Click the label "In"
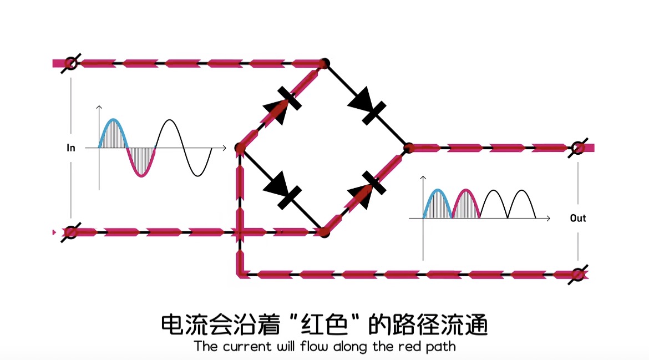71,148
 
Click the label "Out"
578,218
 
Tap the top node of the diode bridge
325,63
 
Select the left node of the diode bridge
240,148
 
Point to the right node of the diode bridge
408,148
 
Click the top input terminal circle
70,63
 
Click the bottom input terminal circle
70,232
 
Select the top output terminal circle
578,148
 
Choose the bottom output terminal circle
578,274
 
